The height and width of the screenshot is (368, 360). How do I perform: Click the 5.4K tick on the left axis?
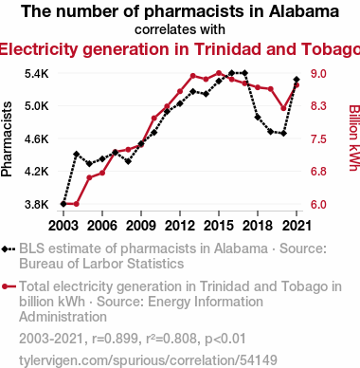[x=37, y=74]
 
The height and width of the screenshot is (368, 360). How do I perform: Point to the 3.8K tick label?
[x=37, y=205]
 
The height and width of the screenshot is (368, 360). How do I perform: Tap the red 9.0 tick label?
[x=318, y=74]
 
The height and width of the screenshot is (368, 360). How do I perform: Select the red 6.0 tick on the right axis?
[x=318, y=205]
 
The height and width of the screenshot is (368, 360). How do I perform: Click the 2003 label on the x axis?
[x=63, y=226]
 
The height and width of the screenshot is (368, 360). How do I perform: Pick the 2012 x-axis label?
[x=180, y=226]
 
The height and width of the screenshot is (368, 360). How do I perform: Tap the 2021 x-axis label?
[x=297, y=226]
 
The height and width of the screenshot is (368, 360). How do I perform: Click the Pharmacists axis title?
[x=7, y=138]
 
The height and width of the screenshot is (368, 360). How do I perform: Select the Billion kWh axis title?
[x=354, y=138]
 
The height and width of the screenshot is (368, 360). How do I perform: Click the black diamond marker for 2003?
[x=63, y=204]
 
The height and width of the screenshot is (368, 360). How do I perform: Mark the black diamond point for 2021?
[x=297, y=80]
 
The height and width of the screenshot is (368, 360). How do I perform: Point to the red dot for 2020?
[x=283, y=108]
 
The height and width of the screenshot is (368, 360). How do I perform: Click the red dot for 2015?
[x=219, y=73]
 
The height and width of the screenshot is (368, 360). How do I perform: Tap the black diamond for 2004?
[x=76, y=155]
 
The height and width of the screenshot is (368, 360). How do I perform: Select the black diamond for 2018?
[x=258, y=117]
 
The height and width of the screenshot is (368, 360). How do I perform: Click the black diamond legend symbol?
[x=9, y=249]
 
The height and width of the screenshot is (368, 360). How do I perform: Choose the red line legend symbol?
[x=9, y=286]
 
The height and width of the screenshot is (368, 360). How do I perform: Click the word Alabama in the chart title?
[x=304, y=11]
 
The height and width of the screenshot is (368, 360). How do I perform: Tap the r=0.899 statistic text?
[x=115, y=339]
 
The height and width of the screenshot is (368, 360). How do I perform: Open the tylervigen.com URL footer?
[x=148, y=360]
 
